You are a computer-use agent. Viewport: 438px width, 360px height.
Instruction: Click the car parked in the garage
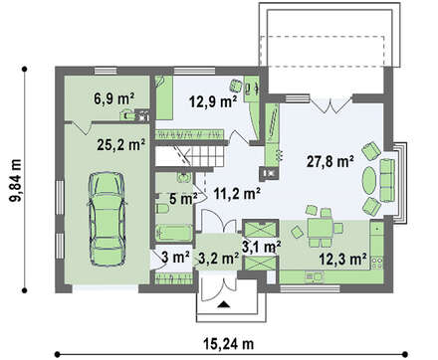[x=108, y=219]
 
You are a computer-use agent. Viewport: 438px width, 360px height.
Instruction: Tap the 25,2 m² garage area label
[x=121, y=145]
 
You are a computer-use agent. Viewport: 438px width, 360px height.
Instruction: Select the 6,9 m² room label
[x=113, y=98]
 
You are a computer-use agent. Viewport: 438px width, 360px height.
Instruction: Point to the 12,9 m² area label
[x=213, y=101]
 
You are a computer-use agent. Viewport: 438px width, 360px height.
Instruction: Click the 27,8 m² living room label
[x=329, y=161]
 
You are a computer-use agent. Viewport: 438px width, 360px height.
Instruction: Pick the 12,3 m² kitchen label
[x=342, y=259]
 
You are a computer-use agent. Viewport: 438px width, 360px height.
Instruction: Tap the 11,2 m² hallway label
[x=237, y=194]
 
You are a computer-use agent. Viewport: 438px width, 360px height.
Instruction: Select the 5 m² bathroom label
[x=183, y=199]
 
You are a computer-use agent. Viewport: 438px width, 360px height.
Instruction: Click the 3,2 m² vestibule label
[x=219, y=258]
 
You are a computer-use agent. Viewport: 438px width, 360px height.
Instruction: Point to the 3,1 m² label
[x=262, y=247]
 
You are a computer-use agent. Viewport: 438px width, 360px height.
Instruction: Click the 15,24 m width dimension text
[x=229, y=344]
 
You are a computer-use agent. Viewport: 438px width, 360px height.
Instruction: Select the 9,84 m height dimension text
[x=16, y=180]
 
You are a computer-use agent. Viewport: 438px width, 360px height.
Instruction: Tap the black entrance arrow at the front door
[x=224, y=304]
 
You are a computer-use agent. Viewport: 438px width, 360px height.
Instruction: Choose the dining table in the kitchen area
[x=320, y=228]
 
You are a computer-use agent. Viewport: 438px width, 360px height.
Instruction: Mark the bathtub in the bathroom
[x=174, y=234]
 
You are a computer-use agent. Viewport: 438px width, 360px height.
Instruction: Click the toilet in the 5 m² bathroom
[x=162, y=210]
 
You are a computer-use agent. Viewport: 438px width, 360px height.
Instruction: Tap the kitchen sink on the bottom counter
[x=315, y=276]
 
